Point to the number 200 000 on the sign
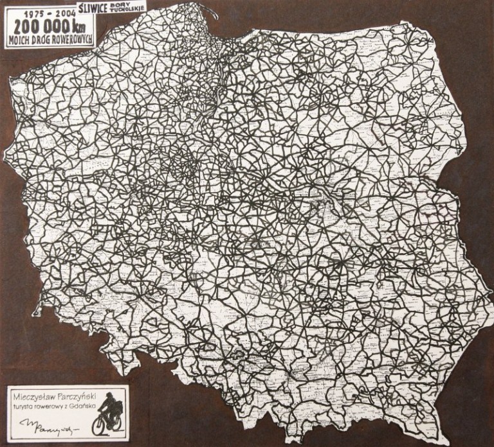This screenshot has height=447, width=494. [39, 28]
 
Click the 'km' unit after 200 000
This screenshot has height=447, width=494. [80, 28]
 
